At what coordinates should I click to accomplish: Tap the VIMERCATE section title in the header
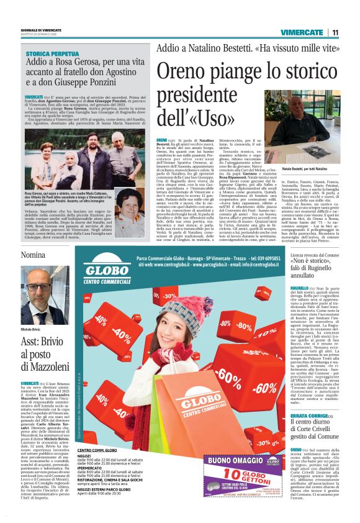click(x=302, y=32)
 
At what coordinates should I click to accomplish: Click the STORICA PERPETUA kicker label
click(x=52, y=55)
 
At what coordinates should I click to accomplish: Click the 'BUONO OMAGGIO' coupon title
click(x=236, y=461)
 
